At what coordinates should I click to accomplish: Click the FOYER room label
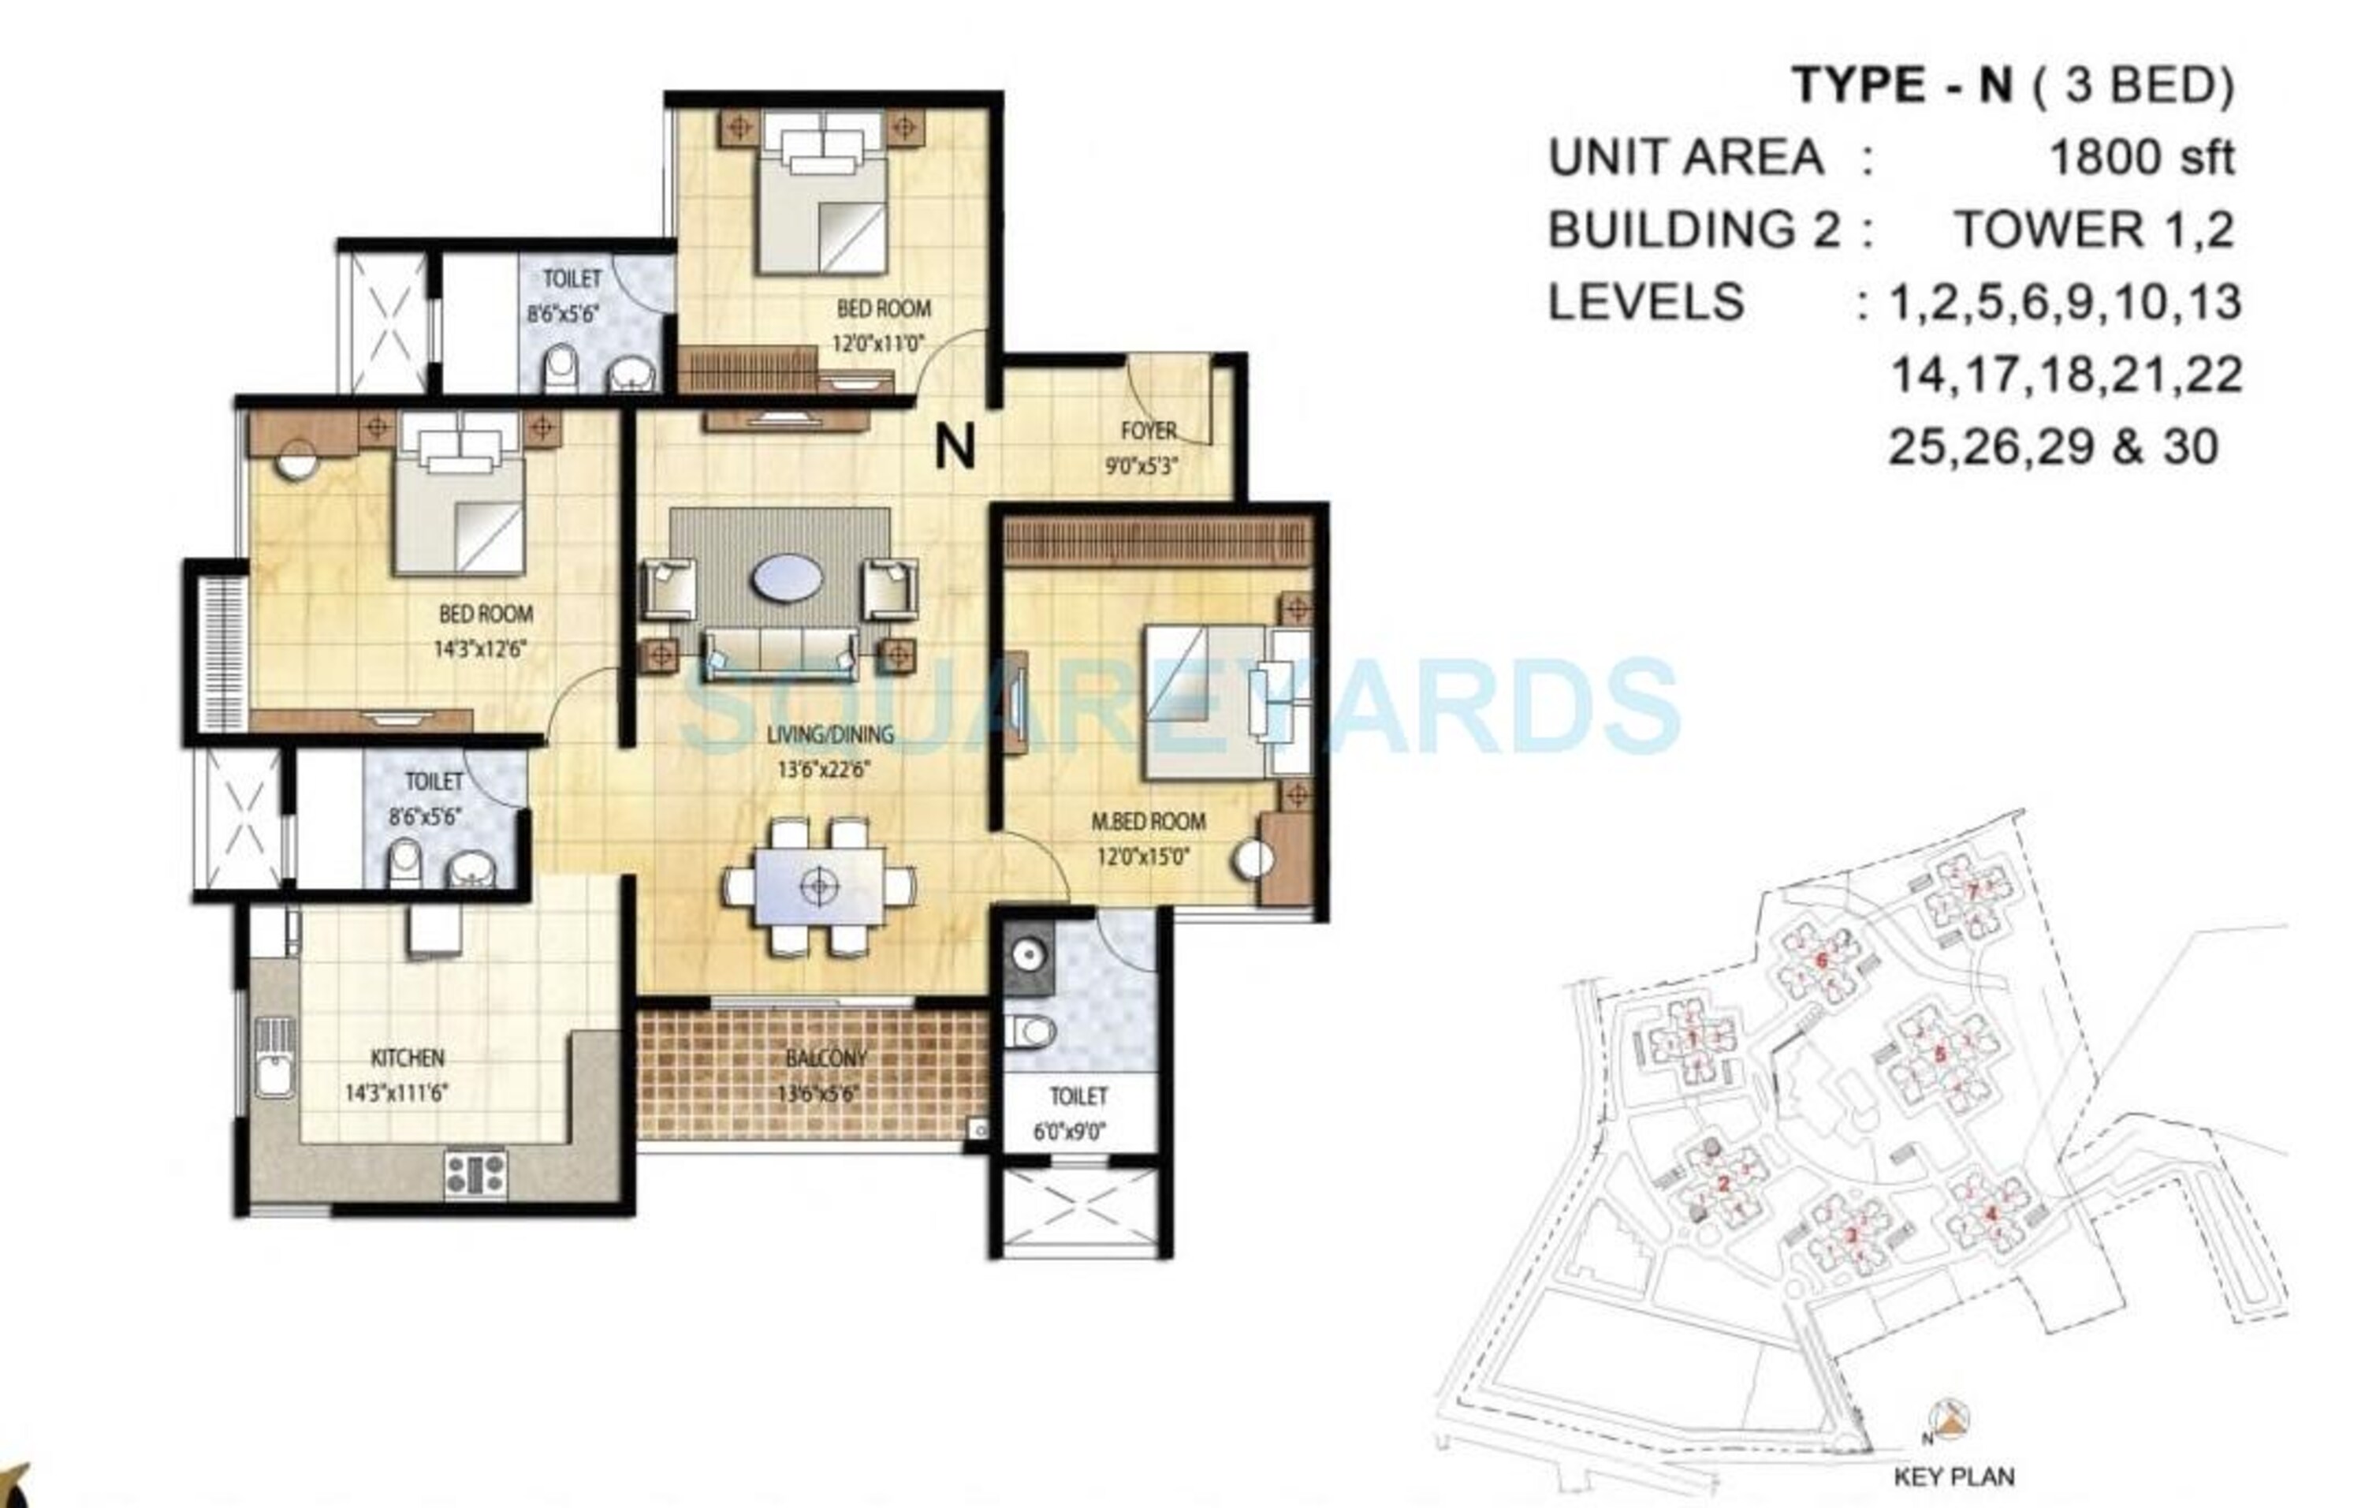[x=1148, y=431]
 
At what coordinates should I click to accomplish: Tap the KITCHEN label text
[x=408, y=1058]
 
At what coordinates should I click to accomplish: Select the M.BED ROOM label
[x=1148, y=821]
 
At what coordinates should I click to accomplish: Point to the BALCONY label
[x=826, y=1058]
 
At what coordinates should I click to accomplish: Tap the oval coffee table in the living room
[x=787, y=577]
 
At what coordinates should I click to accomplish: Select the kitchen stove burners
[x=475, y=1172]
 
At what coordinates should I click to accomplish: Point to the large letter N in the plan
[x=955, y=448]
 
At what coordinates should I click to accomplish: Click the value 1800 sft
[x=2142, y=157]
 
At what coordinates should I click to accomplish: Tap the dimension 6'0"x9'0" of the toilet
[x=1068, y=1132]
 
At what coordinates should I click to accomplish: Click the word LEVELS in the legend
[x=1646, y=301]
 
